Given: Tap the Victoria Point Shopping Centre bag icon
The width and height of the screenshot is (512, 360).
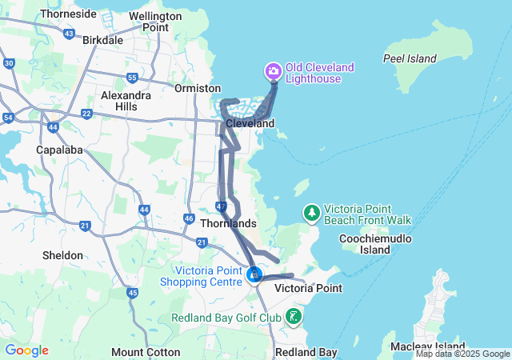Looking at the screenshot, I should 254,275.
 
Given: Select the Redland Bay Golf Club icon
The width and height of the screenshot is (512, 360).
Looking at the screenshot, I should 294,317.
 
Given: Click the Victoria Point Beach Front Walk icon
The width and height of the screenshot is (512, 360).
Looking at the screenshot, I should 311,214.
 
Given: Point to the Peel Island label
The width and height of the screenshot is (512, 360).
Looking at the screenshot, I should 410,58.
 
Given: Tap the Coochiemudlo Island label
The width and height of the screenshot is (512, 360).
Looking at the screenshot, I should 375,244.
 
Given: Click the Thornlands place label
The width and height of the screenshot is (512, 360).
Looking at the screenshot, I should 228,223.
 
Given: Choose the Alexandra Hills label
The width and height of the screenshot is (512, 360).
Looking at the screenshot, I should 126,100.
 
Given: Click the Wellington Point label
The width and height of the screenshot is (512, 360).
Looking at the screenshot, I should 144,22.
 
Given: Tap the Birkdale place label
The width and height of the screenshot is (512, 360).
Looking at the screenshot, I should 102,39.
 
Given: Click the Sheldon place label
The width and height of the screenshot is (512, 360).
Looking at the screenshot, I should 62,255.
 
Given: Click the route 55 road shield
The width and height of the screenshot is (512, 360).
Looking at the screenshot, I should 132,78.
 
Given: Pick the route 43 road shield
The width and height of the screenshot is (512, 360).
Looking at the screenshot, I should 69,34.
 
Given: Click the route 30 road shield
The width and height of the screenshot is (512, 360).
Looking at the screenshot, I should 9,62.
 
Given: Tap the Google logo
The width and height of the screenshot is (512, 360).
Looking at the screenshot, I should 26,350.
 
